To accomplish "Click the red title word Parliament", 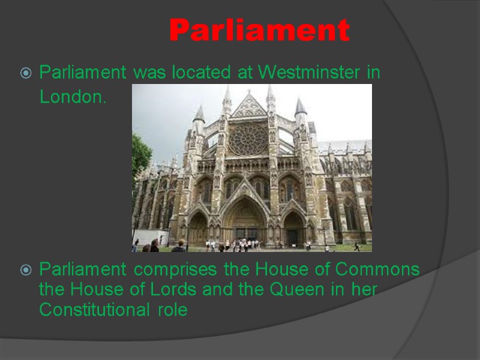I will click(x=259, y=30).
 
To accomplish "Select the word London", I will click(x=73, y=97).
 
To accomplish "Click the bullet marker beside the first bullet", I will click(x=25, y=74).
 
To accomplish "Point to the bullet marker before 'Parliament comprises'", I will click(x=25, y=271).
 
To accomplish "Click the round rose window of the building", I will click(x=247, y=139).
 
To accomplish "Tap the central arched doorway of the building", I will click(x=247, y=222).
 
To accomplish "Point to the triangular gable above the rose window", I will click(x=248, y=106).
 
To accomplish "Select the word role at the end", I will click(x=175, y=310).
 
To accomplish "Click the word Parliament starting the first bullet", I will click(x=83, y=73).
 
